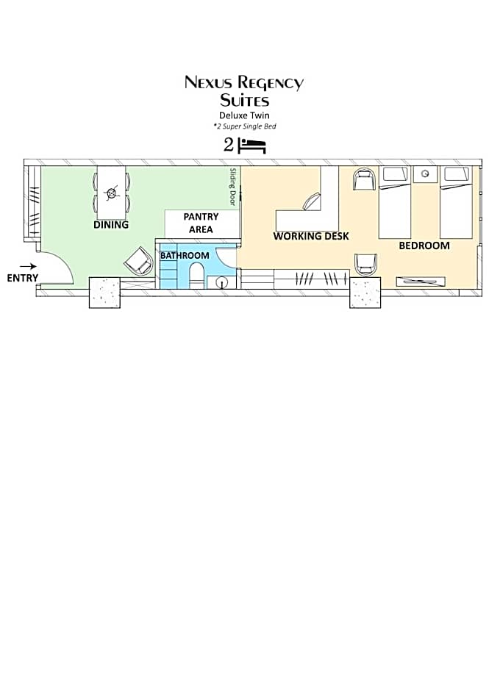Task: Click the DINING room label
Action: click(111, 225)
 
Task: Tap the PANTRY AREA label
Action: click(201, 223)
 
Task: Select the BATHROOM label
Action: click(185, 256)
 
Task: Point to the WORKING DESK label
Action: click(311, 236)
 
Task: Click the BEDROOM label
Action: click(424, 246)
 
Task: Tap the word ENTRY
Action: click(23, 278)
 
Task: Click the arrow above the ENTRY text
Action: click(28, 266)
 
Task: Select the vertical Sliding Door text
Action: click(233, 187)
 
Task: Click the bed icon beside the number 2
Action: click(251, 146)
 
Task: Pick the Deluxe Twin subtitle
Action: click(244, 115)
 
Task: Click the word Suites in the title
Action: click(245, 101)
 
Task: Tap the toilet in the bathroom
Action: click(196, 273)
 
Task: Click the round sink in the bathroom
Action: click(222, 281)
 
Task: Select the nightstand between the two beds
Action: click(425, 174)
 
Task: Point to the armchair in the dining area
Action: click(138, 261)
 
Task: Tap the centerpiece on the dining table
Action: click(111, 193)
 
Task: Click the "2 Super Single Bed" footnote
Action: click(245, 126)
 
